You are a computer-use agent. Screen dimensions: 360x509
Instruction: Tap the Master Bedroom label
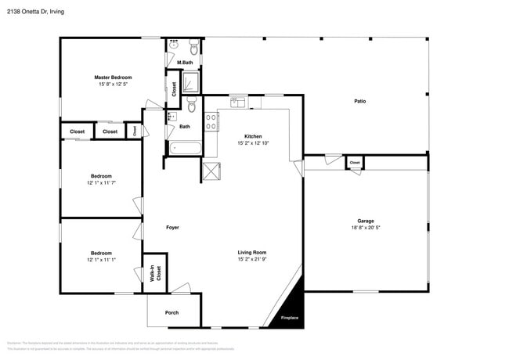pyautogui.click(x=113, y=77)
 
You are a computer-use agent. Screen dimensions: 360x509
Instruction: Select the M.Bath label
pyautogui.click(x=185, y=63)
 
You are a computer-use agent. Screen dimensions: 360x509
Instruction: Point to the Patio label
pyautogui.click(x=359, y=101)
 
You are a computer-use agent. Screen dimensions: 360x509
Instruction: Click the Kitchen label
pyautogui.click(x=253, y=136)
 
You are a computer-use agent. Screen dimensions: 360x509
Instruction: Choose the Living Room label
pyautogui.click(x=252, y=252)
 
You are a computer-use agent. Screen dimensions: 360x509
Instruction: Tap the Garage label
pyautogui.click(x=366, y=221)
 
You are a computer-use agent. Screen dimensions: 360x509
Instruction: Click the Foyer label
pyautogui.click(x=172, y=228)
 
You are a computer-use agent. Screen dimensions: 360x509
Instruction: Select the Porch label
pyautogui.click(x=171, y=312)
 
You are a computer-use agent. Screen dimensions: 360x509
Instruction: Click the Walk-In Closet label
pyautogui.click(x=155, y=273)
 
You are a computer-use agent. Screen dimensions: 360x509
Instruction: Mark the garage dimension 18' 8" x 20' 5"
pyautogui.click(x=366, y=228)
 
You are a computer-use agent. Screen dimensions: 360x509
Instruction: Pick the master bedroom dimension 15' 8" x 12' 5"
pyautogui.click(x=113, y=84)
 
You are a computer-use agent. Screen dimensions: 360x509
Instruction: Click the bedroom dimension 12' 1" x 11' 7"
pyautogui.click(x=101, y=182)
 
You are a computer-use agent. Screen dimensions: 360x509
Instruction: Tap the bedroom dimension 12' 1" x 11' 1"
pyautogui.click(x=101, y=260)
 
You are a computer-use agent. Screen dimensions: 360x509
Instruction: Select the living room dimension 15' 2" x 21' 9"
pyautogui.click(x=252, y=259)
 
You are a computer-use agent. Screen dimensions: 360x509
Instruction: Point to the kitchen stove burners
pyautogui.click(x=211, y=121)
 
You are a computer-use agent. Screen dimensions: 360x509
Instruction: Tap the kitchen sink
pyautogui.click(x=238, y=102)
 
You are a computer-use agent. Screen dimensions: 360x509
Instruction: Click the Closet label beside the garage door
pyautogui.click(x=355, y=163)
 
